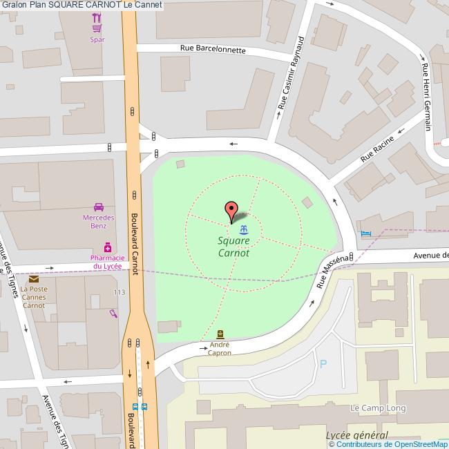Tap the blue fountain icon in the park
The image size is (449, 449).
click(243, 229)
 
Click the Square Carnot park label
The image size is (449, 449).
click(233, 247)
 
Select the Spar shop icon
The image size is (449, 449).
click(97, 28)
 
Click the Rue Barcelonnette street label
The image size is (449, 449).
click(213, 50)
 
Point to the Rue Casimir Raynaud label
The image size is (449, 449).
click(291, 74)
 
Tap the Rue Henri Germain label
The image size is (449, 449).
click(426, 97)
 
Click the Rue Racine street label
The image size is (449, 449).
click(379, 149)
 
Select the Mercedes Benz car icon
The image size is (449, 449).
click(99, 207)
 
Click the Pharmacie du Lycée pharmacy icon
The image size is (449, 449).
click(108, 247)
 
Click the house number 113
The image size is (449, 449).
click(120, 292)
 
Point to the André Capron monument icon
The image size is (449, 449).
click(220, 334)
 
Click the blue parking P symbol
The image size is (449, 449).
click(322, 363)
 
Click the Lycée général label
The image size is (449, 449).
click(356, 435)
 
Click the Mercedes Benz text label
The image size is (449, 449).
click(99, 221)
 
